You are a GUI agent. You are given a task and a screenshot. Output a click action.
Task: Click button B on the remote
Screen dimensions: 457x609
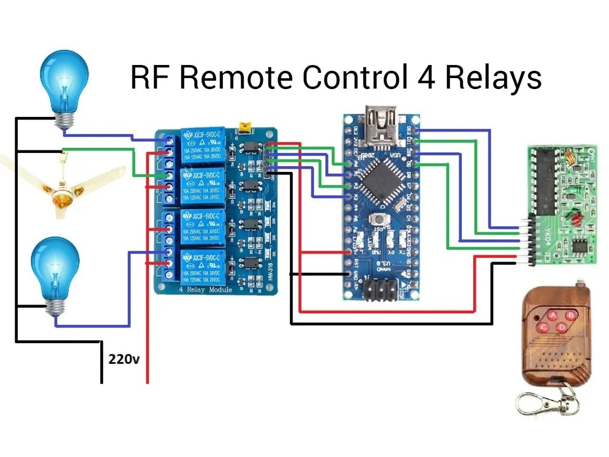pyautogui.click(x=571, y=315)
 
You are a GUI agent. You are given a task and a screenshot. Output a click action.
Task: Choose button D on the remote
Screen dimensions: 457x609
pyautogui.click(x=562, y=328)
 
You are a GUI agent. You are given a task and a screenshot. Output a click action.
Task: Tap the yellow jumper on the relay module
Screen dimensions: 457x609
pyautogui.click(x=244, y=127)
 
